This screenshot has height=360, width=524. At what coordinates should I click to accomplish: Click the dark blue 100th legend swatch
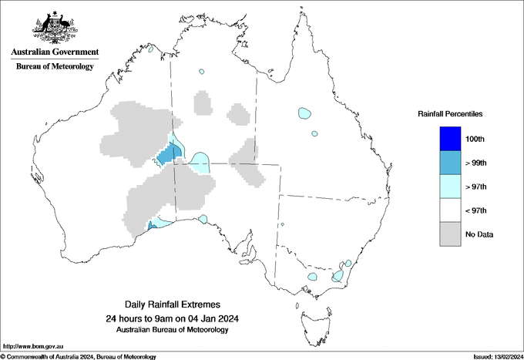pos(450,139)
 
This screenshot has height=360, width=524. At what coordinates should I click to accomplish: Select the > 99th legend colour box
pos(450,163)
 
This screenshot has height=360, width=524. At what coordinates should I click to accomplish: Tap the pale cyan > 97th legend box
pos(450,187)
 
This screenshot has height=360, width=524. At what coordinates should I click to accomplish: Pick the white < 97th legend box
pos(450,210)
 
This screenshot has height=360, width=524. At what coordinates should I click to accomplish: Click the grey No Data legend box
pos(450,234)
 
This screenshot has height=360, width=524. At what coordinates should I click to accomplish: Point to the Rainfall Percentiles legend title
pos(450,114)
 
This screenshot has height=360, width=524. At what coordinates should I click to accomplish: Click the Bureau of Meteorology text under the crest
pos(55,66)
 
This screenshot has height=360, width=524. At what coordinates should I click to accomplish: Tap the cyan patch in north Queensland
pos(304,113)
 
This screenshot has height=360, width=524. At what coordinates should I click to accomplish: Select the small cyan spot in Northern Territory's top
pos(201,72)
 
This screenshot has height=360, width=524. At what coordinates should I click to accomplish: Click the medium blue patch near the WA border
pos(166,155)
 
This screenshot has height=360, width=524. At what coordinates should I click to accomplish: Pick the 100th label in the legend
pos(475,139)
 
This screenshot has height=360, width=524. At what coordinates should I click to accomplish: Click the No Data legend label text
pos(479,234)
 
